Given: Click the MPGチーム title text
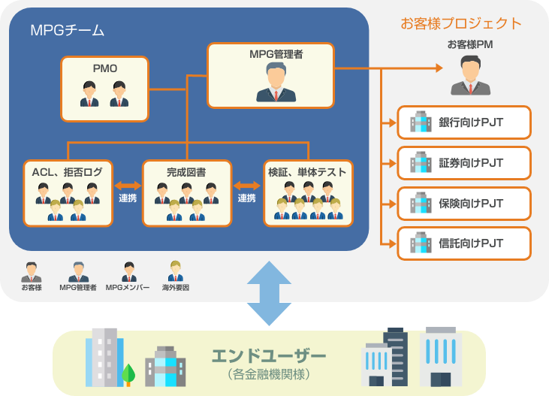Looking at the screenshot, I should coord(67,31).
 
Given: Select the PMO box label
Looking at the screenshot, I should coord(104,69).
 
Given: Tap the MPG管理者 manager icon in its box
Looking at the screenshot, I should coord(276,82).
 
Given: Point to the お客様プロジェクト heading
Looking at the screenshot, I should coord(460,23).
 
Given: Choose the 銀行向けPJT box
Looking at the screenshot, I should coord(464,122).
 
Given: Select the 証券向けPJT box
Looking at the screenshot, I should coord(464,162).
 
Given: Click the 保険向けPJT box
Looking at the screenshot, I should coord(464,203).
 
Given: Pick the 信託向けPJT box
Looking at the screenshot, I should coord(464,243).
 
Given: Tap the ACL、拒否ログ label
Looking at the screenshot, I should coord(67,172).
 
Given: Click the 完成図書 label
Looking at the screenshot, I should coord(186,172).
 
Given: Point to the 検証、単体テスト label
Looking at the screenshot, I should coord(308,172).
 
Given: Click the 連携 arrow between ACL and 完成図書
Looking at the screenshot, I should coord(128,185).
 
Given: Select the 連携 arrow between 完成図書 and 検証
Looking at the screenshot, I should coord(247,185).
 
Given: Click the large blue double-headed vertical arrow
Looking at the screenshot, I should coord(269,293).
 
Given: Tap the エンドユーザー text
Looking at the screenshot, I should coord(269,355).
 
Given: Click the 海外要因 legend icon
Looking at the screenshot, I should coord(176,271).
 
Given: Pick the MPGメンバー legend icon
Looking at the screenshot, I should coord(128,271).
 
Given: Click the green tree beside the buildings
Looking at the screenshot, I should coord(128,373).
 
